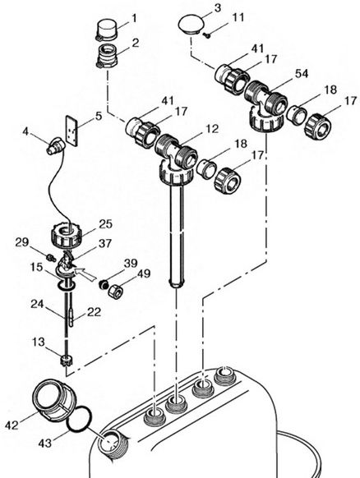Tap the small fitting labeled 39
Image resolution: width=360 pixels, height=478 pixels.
tap(104, 287)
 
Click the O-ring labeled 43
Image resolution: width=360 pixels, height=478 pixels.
tap(76, 421)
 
